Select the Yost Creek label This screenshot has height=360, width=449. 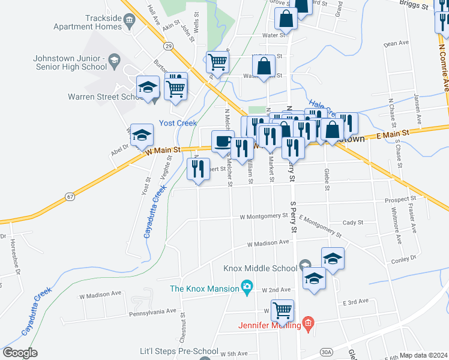178,123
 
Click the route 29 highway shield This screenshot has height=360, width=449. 168,46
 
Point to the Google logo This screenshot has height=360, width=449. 20,353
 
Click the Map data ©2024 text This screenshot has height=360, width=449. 423,355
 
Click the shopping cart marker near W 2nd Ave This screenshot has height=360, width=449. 282,310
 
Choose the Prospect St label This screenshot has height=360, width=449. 400,198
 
